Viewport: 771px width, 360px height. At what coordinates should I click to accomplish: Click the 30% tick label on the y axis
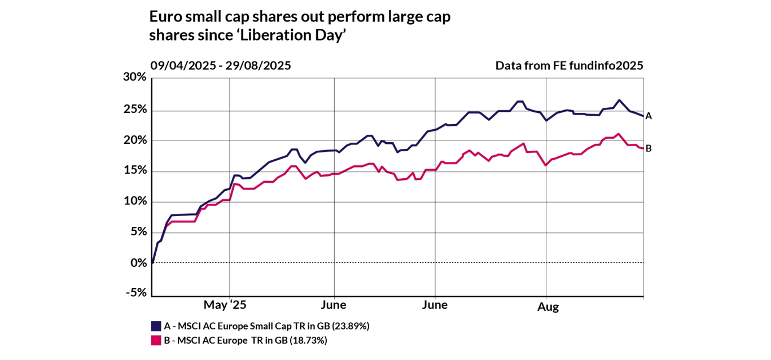(x=134, y=78)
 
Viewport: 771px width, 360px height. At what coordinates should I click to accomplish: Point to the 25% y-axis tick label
(x=134, y=109)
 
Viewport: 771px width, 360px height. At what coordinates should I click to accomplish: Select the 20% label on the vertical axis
(x=134, y=140)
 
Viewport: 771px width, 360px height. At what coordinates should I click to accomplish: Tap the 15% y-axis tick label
(x=134, y=171)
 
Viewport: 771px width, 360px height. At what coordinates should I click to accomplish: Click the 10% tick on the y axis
(x=134, y=201)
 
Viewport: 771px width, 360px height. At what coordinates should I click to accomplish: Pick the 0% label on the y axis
(x=138, y=263)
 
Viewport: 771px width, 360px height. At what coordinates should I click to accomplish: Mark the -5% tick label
(x=134, y=293)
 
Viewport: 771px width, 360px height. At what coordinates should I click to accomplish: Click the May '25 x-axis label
(x=225, y=306)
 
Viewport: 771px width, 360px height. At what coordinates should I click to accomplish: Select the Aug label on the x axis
(x=547, y=307)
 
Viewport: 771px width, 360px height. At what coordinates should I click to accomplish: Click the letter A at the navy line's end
(x=649, y=116)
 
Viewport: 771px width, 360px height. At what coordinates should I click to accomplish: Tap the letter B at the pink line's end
(x=649, y=148)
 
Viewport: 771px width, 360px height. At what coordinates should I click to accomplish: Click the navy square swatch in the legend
(x=156, y=326)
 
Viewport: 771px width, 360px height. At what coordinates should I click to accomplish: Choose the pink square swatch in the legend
(x=156, y=340)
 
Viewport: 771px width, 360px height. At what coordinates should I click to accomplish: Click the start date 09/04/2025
(x=182, y=65)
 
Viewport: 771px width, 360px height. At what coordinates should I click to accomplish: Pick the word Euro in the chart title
(x=163, y=17)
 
